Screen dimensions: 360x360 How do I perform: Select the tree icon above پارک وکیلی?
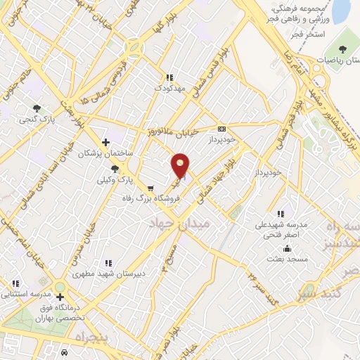tap(115, 169)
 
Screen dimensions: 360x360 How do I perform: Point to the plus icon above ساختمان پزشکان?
tap(106, 142)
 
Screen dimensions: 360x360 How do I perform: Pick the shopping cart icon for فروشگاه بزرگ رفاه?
tap(150, 188)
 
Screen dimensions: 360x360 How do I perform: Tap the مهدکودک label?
tap(169, 89)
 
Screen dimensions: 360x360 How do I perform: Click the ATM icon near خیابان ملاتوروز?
tap(222, 129)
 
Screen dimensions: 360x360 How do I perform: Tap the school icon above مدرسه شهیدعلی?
tap(281, 214)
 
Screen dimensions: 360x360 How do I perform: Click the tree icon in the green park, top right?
tap(342, 49)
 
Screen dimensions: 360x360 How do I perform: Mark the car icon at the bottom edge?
tap(64, 353)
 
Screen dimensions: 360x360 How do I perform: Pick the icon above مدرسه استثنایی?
tap(15, 283)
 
